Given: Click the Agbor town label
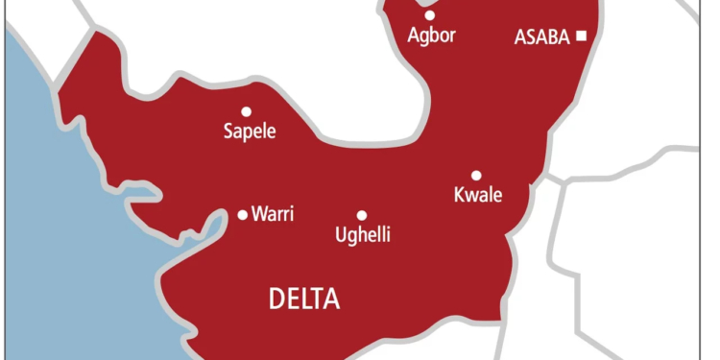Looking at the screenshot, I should click(430, 36).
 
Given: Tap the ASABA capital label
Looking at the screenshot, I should click(543, 37).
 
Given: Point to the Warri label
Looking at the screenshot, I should click(272, 214).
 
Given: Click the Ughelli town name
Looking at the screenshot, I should click(362, 234).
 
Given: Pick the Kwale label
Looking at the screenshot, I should click(477, 196).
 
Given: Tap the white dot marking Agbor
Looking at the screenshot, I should click(429, 14).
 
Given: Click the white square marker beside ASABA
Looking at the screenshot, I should click(581, 36).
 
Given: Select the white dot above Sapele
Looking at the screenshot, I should click(247, 111).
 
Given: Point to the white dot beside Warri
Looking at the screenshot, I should click(243, 214).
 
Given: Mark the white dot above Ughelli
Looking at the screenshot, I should click(362, 216).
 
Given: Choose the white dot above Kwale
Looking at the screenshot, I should click(475, 175).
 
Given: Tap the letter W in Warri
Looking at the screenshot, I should click(257, 214).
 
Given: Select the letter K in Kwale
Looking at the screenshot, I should click(458, 196).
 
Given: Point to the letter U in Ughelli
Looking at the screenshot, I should click(339, 234).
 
